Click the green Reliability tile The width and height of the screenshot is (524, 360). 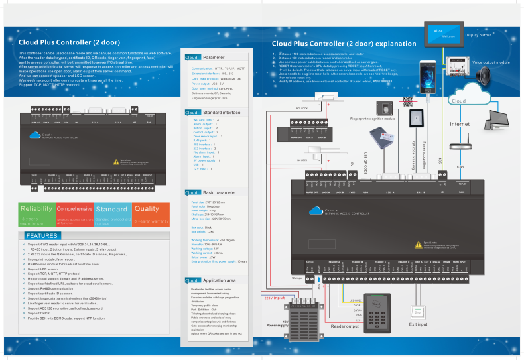tap(36, 213)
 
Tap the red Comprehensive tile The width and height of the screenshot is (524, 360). tap(74, 213)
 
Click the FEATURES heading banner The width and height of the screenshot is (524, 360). tap(44, 236)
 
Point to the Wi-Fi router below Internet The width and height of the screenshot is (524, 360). tap(460, 148)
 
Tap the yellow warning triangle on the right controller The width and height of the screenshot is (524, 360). tap(418, 243)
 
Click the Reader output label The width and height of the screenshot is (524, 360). tap(345, 326)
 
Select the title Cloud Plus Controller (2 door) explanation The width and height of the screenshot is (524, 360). tap(344, 44)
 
